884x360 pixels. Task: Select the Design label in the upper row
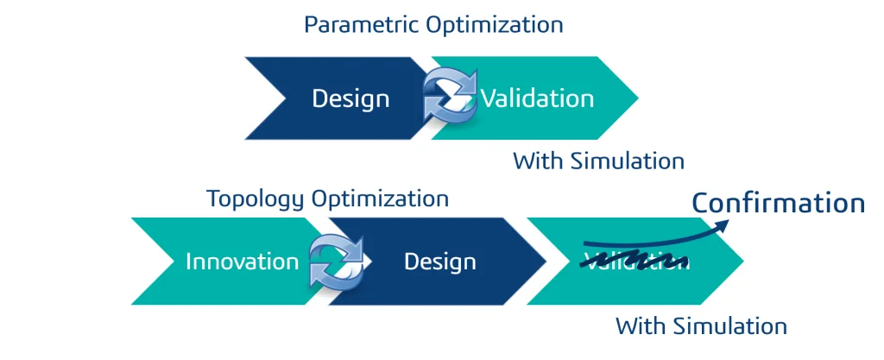tap(350, 98)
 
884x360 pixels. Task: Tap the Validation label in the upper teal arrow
tap(537, 98)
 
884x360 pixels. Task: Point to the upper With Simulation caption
tap(598, 161)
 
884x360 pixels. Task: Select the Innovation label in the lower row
tap(242, 261)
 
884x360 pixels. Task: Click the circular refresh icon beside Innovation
tap(338, 260)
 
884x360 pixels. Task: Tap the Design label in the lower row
tap(440, 261)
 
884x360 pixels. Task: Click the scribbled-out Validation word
tap(635, 260)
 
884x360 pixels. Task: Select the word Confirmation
tap(779, 203)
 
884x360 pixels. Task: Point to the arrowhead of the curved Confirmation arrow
tap(723, 224)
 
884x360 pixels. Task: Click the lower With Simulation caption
tap(701, 326)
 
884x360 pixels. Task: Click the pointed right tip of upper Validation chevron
tap(637, 98)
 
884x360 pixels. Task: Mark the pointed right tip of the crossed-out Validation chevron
tap(742, 261)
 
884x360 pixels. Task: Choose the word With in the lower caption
tap(636, 326)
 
